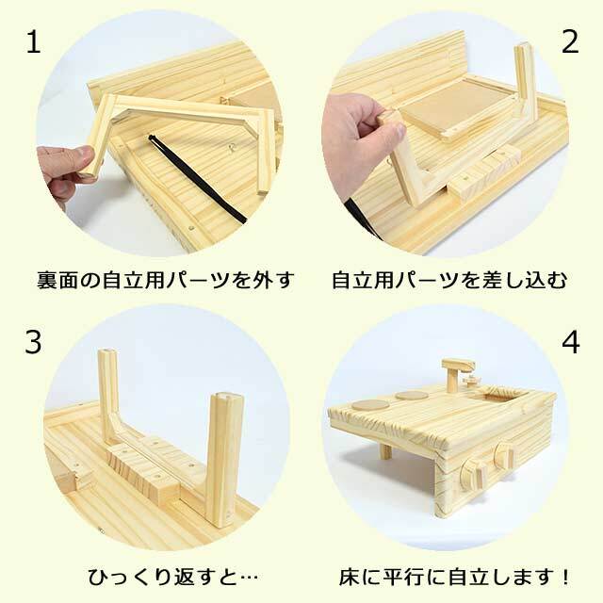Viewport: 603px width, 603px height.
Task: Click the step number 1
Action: [33, 42]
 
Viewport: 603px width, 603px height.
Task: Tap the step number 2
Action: [569, 41]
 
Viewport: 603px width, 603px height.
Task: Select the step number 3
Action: [34, 343]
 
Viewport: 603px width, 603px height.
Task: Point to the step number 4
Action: [570, 343]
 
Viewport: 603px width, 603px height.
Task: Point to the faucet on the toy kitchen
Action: [458, 372]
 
